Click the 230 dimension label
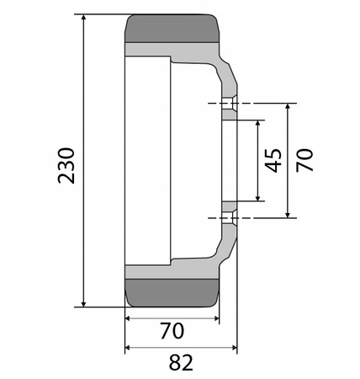pyautogui.click(x=66, y=165)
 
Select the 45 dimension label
pyautogui.click(x=273, y=160)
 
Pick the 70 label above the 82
pyautogui.click(x=172, y=331)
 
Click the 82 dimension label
pyautogui.click(x=181, y=363)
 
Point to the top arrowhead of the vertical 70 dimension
pyautogui.click(x=289, y=107)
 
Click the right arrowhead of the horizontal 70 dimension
pyautogui.click(x=216, y=319)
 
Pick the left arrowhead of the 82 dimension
pyautogui.click(x=128, y=348)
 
